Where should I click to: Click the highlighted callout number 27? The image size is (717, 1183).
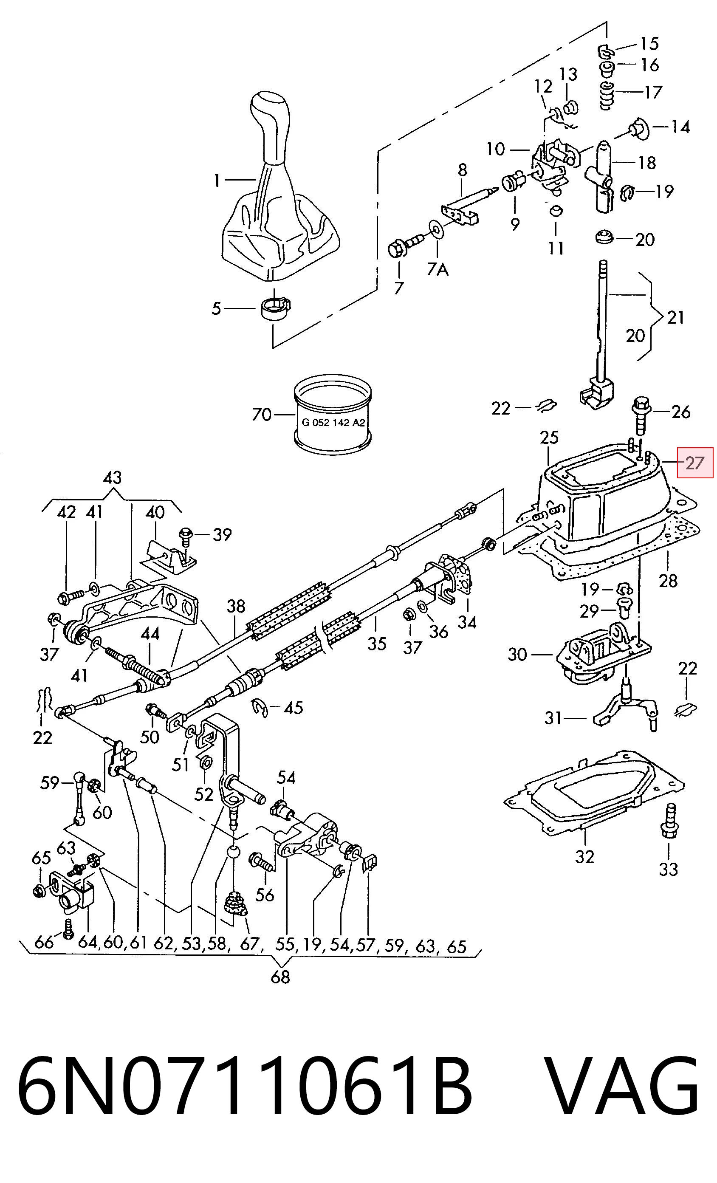coord(695,463)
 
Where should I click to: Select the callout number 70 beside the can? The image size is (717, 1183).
coord(262,414)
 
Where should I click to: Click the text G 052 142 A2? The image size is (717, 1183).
coord(333,423)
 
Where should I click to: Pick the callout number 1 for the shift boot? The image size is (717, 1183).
coord(217,181)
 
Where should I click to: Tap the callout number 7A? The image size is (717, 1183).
coord(438,269)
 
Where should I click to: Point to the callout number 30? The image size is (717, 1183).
coord(517,654)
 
